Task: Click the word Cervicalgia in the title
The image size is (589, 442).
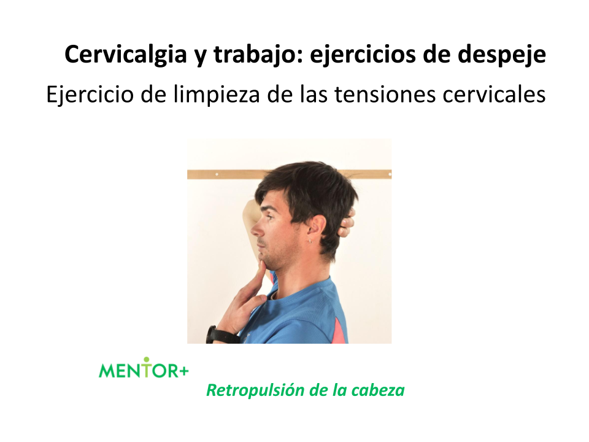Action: point(126,55)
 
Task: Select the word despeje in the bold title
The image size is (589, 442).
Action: point(501,55)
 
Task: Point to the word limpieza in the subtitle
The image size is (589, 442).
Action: point(217,94)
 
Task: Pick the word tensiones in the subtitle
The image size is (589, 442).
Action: point(385,94)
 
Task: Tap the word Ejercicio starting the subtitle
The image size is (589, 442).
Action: point(90,95)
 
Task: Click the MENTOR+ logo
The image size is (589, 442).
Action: point(144,368)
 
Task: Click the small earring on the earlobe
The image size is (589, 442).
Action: point(311,241)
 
